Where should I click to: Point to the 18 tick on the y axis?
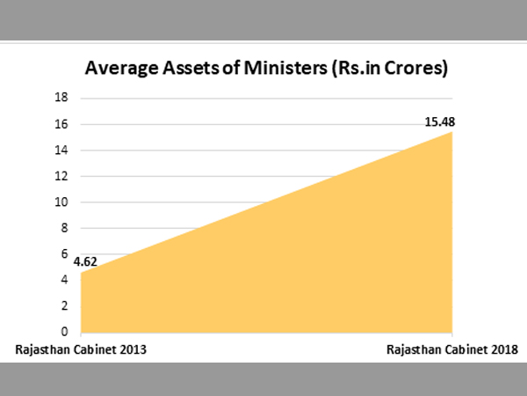click(x=62, y=99)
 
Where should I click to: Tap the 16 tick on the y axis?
click(x=62, y=125)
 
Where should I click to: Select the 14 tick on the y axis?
click(x=62, y=150)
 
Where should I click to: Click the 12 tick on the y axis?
click(x=62, y=176)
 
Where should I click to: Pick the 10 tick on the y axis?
click(x=62, y=202)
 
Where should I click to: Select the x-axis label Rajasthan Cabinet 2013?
click(x=81, y=350)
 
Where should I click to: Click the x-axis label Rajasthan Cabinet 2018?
click(x=451, y=350)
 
